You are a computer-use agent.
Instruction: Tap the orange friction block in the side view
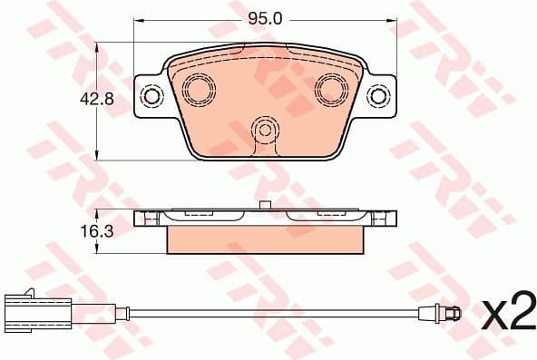(266, 239)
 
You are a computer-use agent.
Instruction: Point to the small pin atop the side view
(263, 205)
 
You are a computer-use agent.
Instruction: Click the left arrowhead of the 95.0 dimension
(139, 18)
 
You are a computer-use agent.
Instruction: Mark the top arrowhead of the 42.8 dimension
(98, 47)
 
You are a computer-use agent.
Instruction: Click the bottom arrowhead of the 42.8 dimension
(98, 156)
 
